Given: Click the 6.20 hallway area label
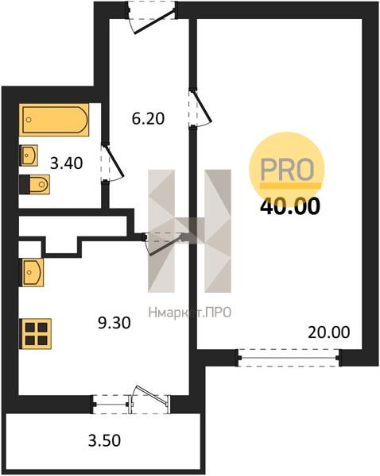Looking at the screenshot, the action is point(148,118).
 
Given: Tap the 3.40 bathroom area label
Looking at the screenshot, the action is point(66,163).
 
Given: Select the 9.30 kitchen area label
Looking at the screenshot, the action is point(114,323).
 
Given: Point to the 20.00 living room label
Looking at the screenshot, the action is point(328,332).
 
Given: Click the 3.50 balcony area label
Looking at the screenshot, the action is point(104,440).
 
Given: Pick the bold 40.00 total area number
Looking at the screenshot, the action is point(290,206).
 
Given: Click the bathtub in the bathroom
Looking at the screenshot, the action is point(54,120).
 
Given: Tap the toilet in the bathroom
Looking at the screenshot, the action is point(34,184).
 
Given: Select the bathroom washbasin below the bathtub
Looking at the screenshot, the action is point(29,155).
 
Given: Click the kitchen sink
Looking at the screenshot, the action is point(31,272).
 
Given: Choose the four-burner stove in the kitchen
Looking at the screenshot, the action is point(35,334).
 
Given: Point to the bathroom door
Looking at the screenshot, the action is point(112,163).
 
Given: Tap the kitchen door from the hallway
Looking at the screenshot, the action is point(165,243).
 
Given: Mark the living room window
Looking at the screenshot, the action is point(289,358).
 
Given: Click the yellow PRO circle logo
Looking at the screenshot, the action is point(287,170).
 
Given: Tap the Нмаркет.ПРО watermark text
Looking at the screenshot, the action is point(190,313).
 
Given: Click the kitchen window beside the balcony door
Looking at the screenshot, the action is point(111,405).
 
